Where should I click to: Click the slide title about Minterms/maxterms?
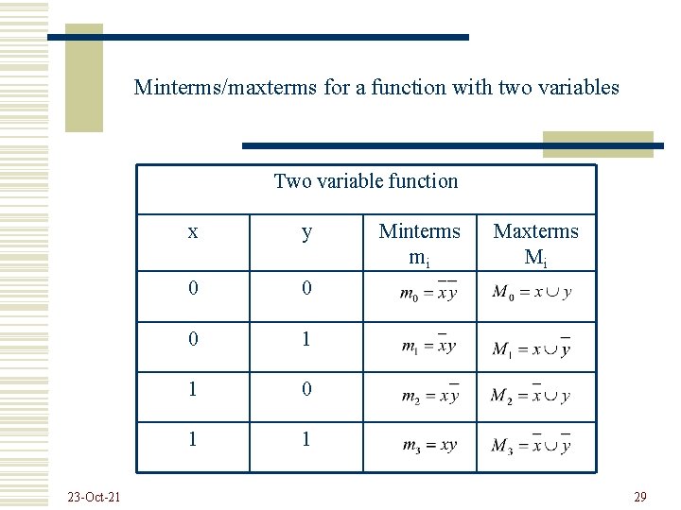[376, 88]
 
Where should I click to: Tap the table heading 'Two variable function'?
[365, 181]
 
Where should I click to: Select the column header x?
[193, 232]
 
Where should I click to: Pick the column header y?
[306, 232]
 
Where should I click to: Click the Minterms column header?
[419, 244]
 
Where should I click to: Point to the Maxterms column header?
[535, 244]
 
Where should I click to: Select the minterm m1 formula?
[428, 345]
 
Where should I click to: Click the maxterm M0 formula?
[532, 291]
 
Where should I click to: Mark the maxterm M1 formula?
[532, 348]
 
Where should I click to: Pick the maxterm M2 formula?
[531, 395]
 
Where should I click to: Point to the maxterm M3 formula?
[531, 445]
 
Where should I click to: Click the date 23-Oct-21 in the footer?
[94, 497]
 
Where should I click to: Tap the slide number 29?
[639, 497]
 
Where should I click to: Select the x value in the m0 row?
[193, 288]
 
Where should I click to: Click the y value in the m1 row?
[306, 338]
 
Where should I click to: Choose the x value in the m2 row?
[193, 389]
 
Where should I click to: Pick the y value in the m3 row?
[306, 439]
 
